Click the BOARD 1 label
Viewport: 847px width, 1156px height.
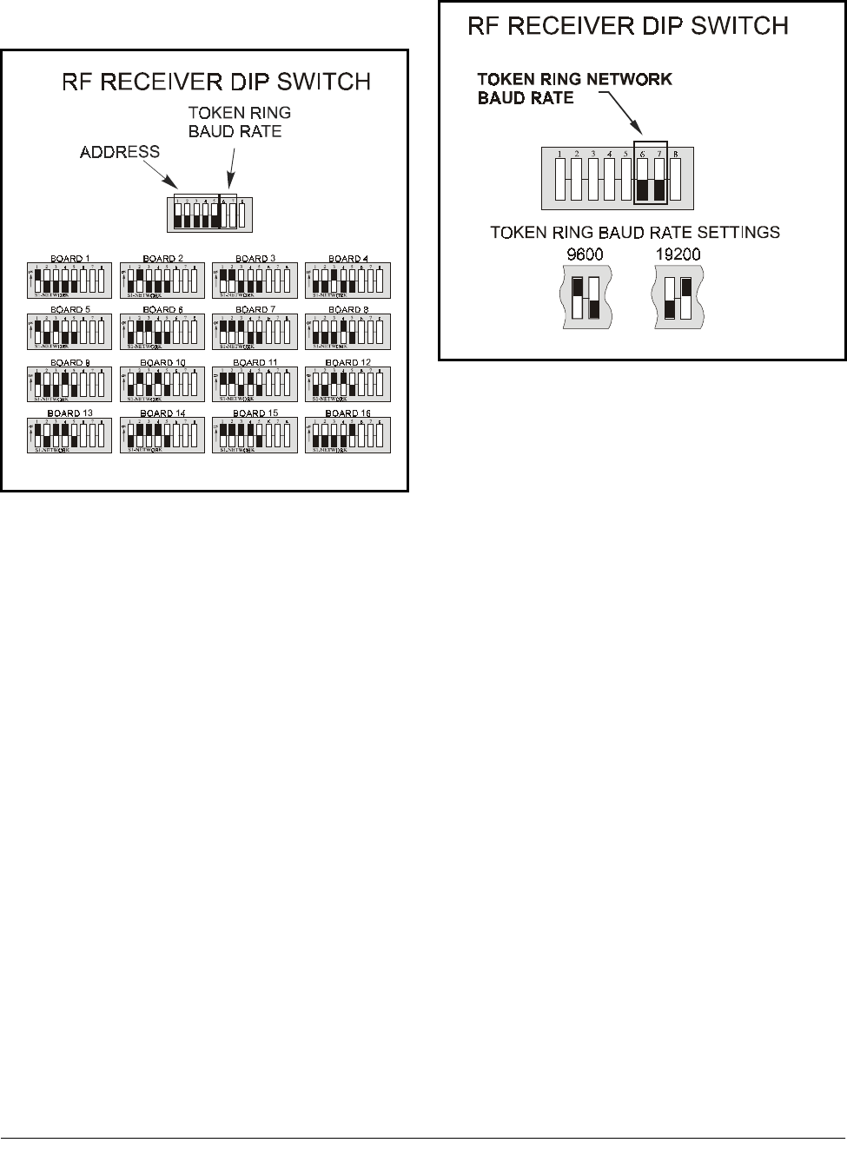point(70,259)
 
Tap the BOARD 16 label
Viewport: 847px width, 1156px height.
point(347,413)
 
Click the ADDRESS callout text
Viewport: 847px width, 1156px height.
point(120,152)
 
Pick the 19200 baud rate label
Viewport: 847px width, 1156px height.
point(678,255)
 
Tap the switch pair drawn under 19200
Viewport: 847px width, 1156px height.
point(678,298)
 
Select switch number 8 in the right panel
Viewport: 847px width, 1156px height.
point(676,178)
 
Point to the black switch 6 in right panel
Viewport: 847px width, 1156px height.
point(643,188)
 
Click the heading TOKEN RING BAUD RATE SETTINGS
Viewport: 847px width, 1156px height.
point(635,232)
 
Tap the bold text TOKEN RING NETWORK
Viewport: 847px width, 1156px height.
point(575,79)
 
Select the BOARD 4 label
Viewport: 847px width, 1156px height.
point(347,259)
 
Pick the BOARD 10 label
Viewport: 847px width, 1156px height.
point(162,362)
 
